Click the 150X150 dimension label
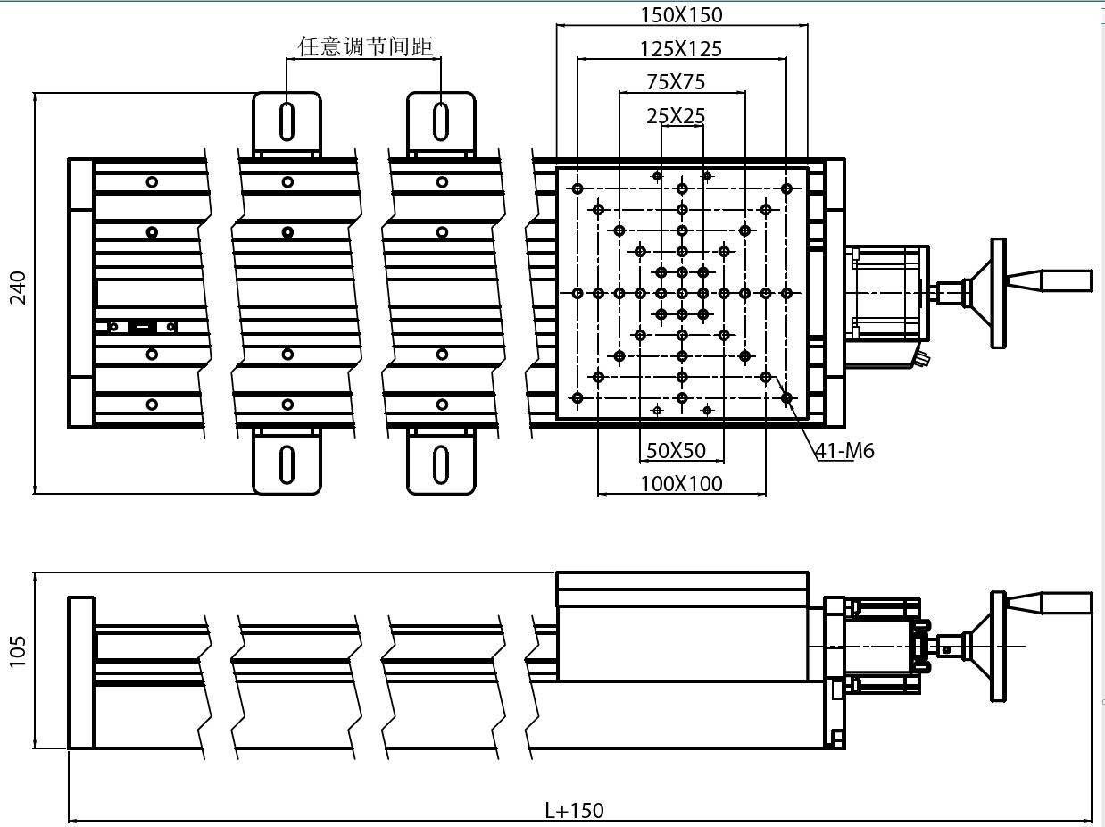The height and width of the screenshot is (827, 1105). (x=681, y=14)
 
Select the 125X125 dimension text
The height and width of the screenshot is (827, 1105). (x=681, y=48)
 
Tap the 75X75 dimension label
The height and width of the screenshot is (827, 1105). (x=676, y=82)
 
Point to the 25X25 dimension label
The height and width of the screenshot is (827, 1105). (x=676, y=116)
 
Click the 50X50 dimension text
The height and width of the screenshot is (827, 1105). (x=676, y=451)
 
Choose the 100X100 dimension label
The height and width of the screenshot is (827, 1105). (x=681, y=484)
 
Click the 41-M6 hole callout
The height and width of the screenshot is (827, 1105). (x=844, y=451)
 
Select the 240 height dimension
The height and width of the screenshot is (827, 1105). (x=19, y=288)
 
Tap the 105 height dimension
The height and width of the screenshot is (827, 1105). (x=19, y=651)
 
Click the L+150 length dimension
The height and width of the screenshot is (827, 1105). (x=574, y=810)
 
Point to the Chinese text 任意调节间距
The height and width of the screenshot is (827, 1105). (x=365, y=46)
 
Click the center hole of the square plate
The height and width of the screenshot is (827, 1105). (x=682, y=293)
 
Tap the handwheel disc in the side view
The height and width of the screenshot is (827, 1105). (x=997, y=647)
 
